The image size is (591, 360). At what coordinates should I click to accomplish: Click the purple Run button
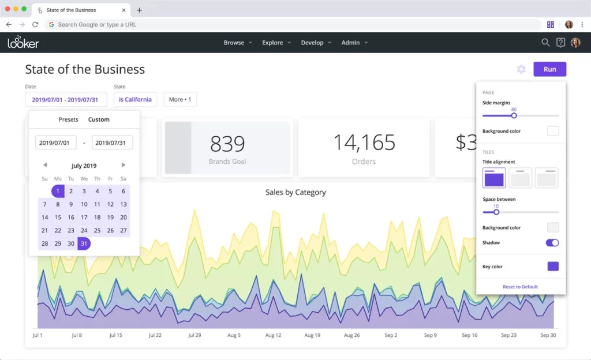tap(549, 69)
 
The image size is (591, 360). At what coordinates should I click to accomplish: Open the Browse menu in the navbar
tap(237, 43)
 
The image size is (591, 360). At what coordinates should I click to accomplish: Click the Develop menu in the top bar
tap(316, 43)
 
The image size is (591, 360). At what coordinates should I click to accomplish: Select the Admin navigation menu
tap(354, 43)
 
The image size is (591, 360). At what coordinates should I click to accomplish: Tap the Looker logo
tap(23, 43)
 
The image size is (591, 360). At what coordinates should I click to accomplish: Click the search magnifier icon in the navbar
tap(545, 43)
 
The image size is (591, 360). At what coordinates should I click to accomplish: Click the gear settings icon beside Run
tap(521, 69)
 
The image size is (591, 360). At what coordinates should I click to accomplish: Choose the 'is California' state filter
tap(135, 99)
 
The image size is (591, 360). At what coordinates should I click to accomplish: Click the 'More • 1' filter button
tap(180, 99)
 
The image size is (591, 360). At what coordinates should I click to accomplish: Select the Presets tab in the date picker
tap(68, 119)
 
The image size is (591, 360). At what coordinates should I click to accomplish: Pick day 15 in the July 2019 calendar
tap(58, 217)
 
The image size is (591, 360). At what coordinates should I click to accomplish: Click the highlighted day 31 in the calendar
tap(84, 243)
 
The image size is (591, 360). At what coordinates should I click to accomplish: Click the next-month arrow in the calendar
tap(124, 165)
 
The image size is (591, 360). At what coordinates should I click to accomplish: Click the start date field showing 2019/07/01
tap(55, 142)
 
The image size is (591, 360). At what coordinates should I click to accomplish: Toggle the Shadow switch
tap(552, 243)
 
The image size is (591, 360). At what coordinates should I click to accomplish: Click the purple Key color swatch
tap(553, 267)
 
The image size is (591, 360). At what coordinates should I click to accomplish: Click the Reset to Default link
tap(520, 287)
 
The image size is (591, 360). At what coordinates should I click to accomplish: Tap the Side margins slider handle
tap(514, 115)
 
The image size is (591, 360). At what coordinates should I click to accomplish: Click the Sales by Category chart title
tap(295, 192)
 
